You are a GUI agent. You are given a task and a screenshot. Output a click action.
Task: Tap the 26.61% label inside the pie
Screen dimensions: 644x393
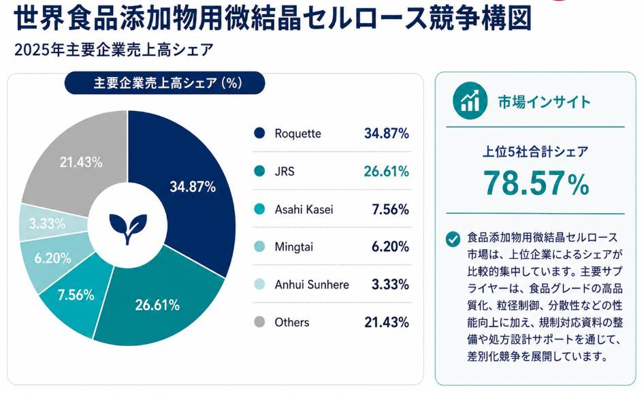click(x=157, y=305)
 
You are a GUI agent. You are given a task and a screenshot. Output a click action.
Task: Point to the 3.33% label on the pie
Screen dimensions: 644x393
click(x=47, y=223)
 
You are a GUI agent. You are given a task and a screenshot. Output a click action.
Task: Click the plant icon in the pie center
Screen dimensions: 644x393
click(x=128, y=229)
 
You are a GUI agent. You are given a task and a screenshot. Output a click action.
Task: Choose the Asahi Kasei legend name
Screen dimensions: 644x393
click(x=304, y=209)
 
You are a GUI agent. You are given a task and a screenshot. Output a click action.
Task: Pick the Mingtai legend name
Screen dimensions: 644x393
click(x=293, y=247)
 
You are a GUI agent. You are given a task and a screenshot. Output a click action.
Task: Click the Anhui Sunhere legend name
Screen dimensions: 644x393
click(x=312, y=285)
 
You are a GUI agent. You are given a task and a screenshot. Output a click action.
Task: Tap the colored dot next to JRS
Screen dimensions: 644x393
click(x=259, y=171)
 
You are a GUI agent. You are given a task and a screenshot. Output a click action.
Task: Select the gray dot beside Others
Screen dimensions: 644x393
click(x=259, y=322)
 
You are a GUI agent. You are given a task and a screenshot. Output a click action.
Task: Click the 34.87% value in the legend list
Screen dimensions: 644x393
click(x=387, y=133)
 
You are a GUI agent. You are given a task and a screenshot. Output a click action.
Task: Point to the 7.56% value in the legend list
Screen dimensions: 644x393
click(x=390, y=209)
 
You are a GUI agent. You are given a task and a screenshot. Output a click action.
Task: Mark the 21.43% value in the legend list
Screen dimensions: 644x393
click(x=387, y=322)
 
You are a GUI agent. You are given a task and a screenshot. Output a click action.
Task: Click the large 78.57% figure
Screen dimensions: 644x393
click(x=536, y=183)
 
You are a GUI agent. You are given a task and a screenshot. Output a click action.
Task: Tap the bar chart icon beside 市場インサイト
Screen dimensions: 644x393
click(x=470, y=101)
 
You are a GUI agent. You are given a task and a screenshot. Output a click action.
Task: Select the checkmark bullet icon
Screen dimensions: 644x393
click(x=453, y=239)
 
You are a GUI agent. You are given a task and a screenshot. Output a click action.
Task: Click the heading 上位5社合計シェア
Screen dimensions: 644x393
click(x=535, y=152)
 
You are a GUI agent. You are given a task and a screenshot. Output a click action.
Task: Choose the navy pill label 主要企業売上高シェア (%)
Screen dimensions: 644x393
click(x=165, y=83)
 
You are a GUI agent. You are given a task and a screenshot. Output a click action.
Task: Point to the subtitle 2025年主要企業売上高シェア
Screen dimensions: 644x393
click(x=114, y=50)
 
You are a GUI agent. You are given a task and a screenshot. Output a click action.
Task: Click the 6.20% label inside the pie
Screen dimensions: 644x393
click(x=52, y=258)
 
